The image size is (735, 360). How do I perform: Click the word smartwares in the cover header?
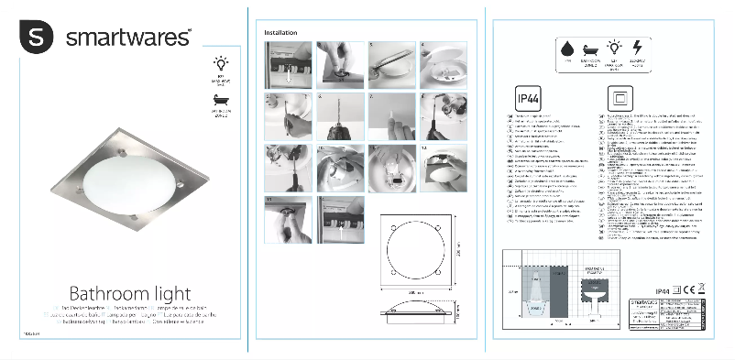(x=127, y=38)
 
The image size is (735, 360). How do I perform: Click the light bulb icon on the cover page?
(x=219, y=63)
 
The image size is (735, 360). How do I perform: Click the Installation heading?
(x=280, y=32)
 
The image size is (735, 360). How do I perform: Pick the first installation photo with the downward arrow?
(x=288, y=64)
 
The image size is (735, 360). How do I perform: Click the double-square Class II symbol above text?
(x=609, y=98)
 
